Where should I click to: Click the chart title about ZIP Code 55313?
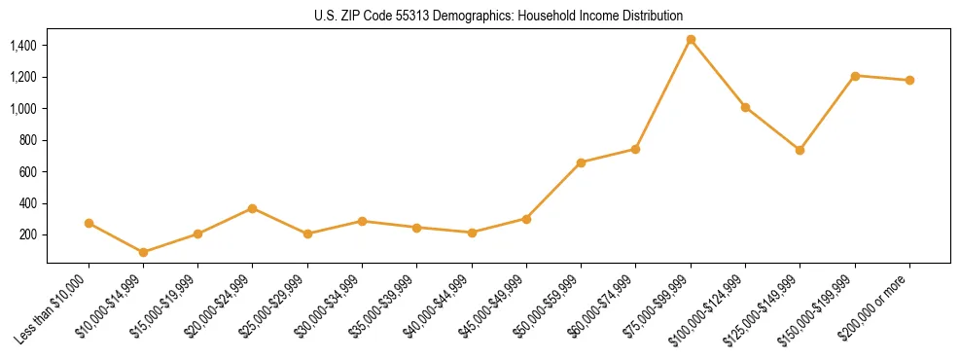point(498,16)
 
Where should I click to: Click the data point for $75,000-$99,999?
point(691,40)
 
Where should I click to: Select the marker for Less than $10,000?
point(89,223)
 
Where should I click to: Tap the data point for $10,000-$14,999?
point(144,252)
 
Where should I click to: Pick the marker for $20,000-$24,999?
point(253,208)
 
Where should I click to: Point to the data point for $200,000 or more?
point(909,80)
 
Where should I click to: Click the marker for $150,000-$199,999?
point(855,76)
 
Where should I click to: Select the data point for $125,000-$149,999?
point(800,150)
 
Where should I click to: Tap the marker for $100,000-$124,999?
point(745,107)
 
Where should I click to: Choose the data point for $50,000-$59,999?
point(581,162)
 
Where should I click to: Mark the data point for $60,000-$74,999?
point(635,149)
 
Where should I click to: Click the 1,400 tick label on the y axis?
point(22,46)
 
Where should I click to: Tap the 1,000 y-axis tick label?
point(22,109)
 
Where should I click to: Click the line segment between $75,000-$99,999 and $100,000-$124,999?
point(718,74)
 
